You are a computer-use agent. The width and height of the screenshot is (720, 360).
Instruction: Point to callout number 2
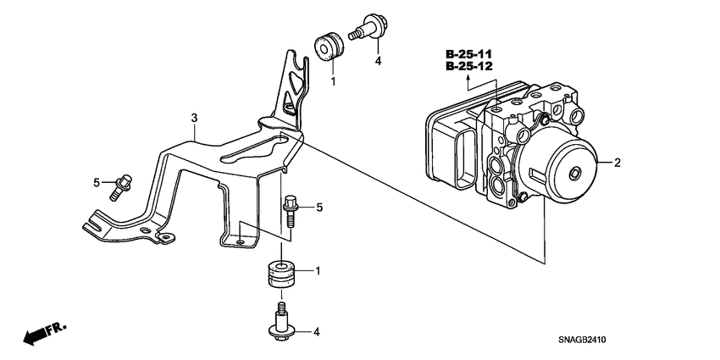click(618, 163)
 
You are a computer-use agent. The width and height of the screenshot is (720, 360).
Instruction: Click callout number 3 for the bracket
click(194, 119)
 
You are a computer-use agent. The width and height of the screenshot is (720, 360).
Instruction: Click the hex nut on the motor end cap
click(574, 174)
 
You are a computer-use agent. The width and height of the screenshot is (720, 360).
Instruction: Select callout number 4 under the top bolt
click(379, 61)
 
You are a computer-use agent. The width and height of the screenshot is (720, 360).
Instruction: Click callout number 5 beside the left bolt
click(97, 181)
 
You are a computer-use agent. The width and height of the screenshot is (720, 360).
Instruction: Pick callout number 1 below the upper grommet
click(333, 82)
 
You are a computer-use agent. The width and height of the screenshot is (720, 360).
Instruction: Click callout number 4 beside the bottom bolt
click(317, 331)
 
